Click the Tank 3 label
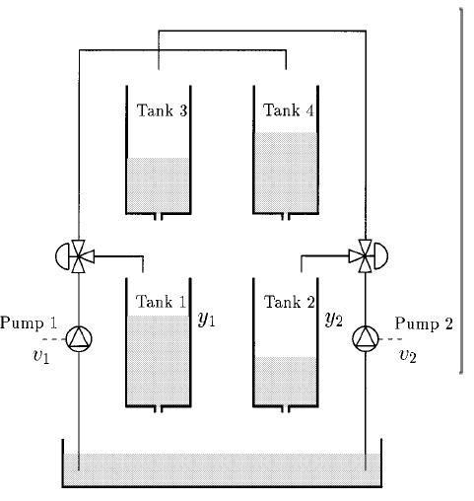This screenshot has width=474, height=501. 158,110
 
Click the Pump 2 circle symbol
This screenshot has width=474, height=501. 366,339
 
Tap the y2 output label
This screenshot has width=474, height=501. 333,321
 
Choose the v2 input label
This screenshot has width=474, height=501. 407,355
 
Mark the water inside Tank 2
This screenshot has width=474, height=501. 285,381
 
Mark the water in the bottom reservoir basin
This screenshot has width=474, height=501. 222,469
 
